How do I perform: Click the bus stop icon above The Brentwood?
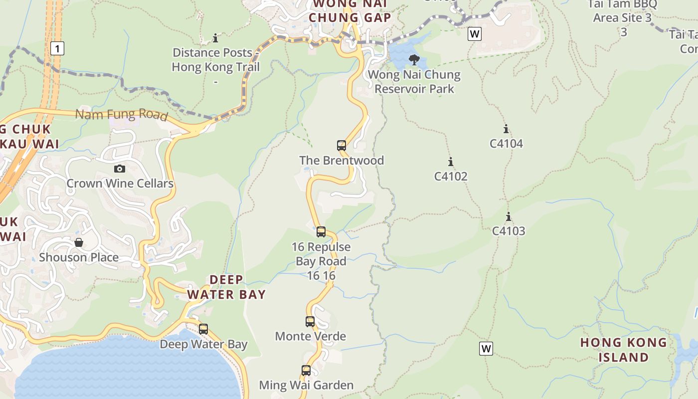point(342,146)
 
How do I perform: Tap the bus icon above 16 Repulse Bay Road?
point(321,232)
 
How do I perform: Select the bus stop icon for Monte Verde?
point(310,322)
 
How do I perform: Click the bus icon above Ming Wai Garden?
point(306,371)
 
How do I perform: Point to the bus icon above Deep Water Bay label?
point(203,329)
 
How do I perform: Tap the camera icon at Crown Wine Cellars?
point(120,169)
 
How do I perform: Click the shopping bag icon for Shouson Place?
point(79,243)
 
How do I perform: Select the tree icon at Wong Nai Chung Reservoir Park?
point(414,60)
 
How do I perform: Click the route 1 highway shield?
point(58,48)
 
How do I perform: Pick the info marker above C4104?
point(506,129)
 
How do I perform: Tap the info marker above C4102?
point(451,162)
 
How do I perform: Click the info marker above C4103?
point(509,217)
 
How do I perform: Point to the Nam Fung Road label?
point(121,115)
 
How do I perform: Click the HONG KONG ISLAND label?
point(623,350)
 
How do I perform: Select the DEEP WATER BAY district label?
point(226,287)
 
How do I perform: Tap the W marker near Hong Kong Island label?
point(486,349)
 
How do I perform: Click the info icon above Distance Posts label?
point(215,38)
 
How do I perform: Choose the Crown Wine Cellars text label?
point(120,184)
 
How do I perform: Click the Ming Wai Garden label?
point(306,385)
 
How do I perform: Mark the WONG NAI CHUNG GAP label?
point(349,11)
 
